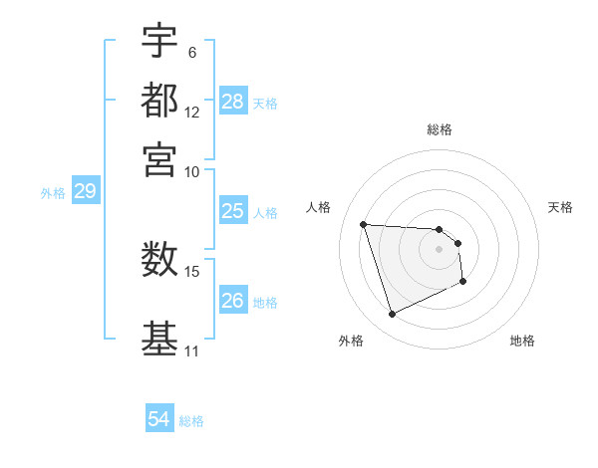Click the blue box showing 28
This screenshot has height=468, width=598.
[x=233, y=102]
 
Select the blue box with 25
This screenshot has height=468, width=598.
[x=233, y=211]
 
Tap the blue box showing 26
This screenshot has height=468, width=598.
[x=233, y=301]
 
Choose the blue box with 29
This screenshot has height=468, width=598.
[x=85, y=192]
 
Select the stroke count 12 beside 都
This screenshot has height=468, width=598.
[x=192, y=112]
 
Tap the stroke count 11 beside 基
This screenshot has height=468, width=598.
[x=192, y=351]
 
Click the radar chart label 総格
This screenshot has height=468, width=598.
[x=440, y=129]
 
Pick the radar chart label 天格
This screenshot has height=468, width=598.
[x=561, y=207]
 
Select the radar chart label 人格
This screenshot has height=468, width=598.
[x=319, y=207]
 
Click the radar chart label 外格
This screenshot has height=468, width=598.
[x=351, y=342]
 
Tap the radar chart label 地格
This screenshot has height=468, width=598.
[x=522, y=342]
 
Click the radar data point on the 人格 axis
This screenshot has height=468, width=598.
[x=364, y=224]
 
